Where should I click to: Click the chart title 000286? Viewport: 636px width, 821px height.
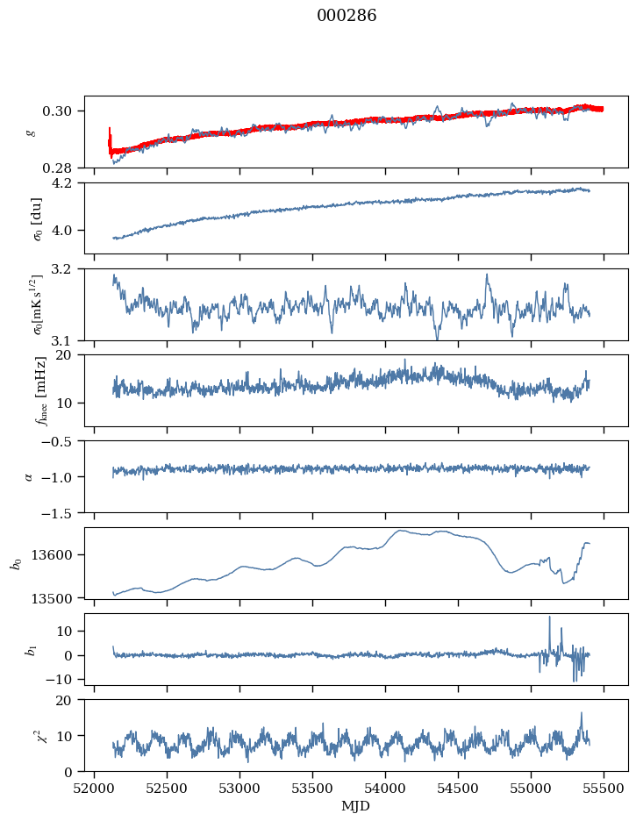coord(347,16)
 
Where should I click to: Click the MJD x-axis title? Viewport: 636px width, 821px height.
coord(355,806)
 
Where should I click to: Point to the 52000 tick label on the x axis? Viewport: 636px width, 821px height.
coord(94,789)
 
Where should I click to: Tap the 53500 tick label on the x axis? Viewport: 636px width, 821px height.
coord(312,789)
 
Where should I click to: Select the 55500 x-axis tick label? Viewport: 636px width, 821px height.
coord(604,789)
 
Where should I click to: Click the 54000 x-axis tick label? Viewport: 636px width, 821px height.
coord(385,789)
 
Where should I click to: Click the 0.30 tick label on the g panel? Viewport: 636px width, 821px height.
coord(62,111)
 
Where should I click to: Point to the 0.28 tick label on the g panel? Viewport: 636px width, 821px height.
coord(62,168)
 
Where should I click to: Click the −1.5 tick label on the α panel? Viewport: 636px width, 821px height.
coord(59,513)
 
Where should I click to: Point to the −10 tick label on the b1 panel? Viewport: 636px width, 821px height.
coord(59,680)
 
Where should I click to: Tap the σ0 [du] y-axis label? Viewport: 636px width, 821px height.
coord(39,219)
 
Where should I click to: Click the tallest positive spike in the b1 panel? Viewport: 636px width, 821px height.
coord(550,617)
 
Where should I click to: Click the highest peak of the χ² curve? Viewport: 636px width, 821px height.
coord(581,713)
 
